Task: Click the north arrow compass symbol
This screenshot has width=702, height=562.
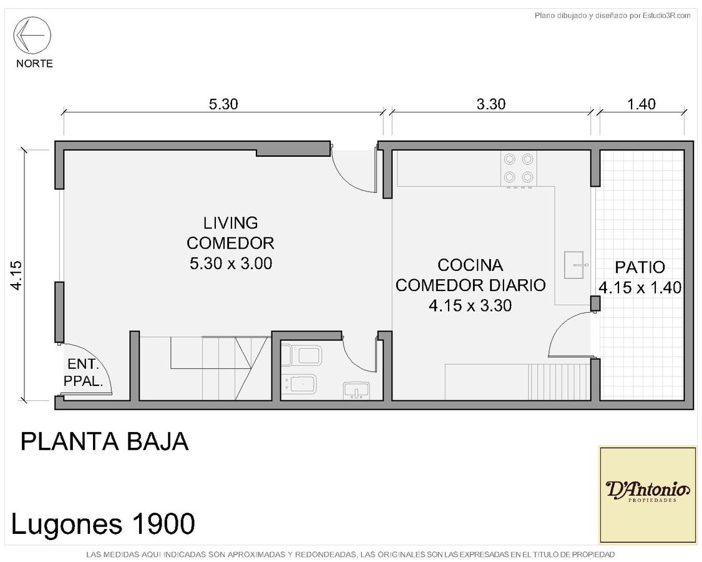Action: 32,35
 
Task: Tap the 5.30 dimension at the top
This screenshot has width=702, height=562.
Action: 223,104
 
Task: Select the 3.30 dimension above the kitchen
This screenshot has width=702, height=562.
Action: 491,104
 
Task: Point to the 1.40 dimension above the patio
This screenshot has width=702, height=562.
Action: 641,104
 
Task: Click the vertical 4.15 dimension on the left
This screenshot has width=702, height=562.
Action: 16,275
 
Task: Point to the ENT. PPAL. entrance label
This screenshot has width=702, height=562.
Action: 83,372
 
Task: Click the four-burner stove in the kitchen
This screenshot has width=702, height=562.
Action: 519,169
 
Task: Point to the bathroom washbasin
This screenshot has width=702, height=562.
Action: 356,390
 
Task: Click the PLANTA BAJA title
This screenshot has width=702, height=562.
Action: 104,441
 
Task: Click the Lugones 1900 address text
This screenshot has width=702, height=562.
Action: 103,523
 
